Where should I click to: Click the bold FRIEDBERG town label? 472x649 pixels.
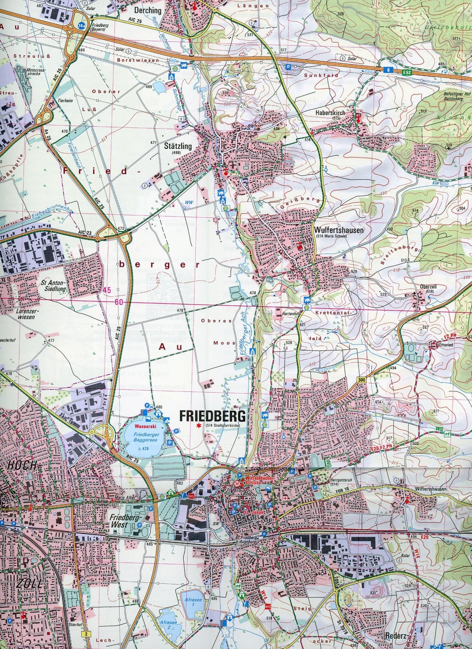[x=212, y=416]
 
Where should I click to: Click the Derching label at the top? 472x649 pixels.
[x=149, y=11]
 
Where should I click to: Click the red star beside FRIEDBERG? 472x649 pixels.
[x=198, y=426]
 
